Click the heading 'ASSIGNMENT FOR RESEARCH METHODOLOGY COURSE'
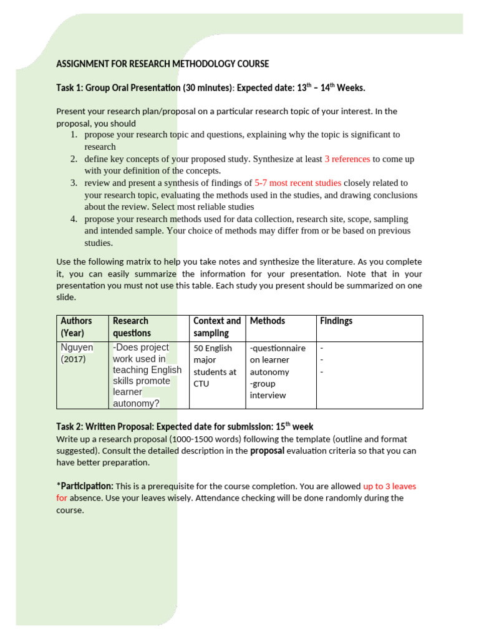(162, 64)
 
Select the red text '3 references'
(347, 159)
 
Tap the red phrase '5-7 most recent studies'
(298, 183)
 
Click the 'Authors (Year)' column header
(76, 327)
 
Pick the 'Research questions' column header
(132, 327)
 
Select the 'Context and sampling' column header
(216, 327)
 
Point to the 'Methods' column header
(267, 321)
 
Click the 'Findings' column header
(336, 321)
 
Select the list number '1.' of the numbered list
(73, 135)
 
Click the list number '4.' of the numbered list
(73, 219)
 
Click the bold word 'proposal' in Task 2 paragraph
(267, 451)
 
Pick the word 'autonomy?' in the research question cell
(136, 404)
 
